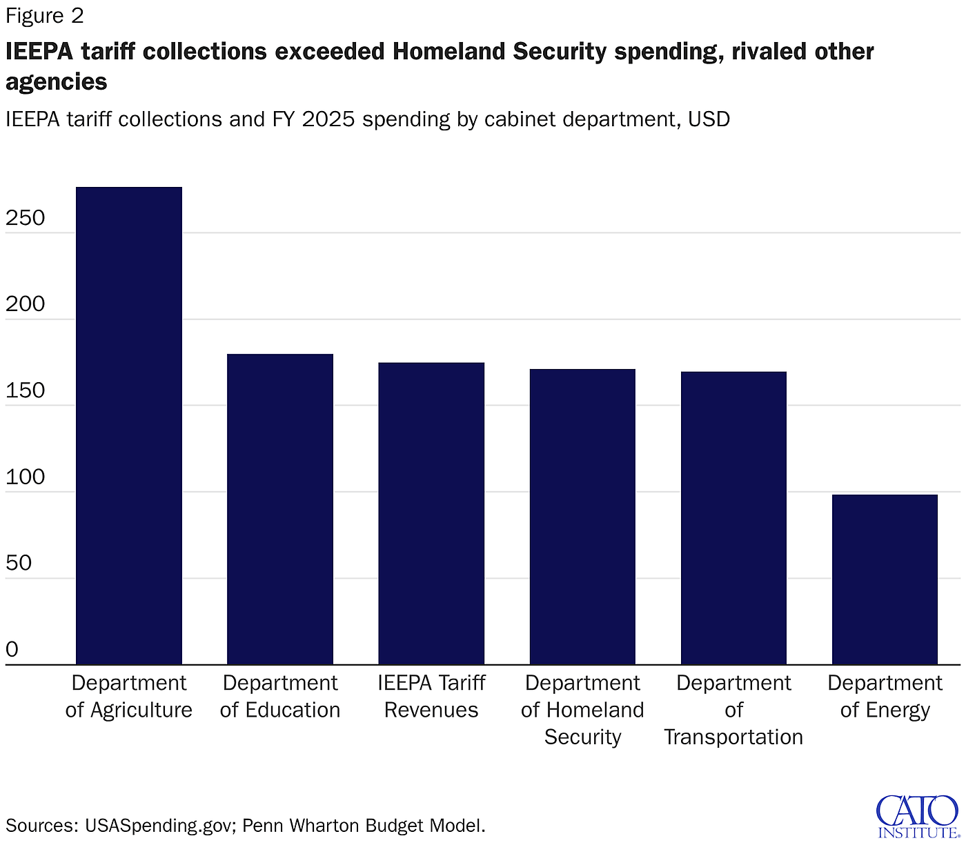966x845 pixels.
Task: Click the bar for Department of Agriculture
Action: click(129, 426)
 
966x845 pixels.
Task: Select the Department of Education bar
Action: click(280, 509)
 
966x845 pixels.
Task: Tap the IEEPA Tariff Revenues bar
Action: click(431, 513)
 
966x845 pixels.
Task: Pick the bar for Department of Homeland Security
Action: click(582, 517)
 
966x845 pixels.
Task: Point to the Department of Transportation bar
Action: click(733, 518)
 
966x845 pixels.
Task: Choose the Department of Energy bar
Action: click(885, 579)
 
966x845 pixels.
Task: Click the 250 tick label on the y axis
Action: click(26, 218)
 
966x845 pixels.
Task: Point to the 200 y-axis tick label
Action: click(26, 304)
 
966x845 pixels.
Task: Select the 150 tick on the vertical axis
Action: click(26, 390)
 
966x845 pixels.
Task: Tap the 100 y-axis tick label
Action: click(26, 477)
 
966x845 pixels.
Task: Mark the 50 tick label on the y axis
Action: click(19, 563)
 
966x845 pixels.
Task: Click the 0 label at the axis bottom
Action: click(12, 649)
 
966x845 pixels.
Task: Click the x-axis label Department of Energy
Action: click(885, 696)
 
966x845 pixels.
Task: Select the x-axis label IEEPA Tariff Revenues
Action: click(431, 696)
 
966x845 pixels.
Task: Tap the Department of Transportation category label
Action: click(733, 710)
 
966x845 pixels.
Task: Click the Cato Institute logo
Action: click(917, 816)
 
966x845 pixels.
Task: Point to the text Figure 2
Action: click(45, 15)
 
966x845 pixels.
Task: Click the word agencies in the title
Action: click(57, 82)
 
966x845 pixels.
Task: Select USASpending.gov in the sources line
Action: click(158, 826)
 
